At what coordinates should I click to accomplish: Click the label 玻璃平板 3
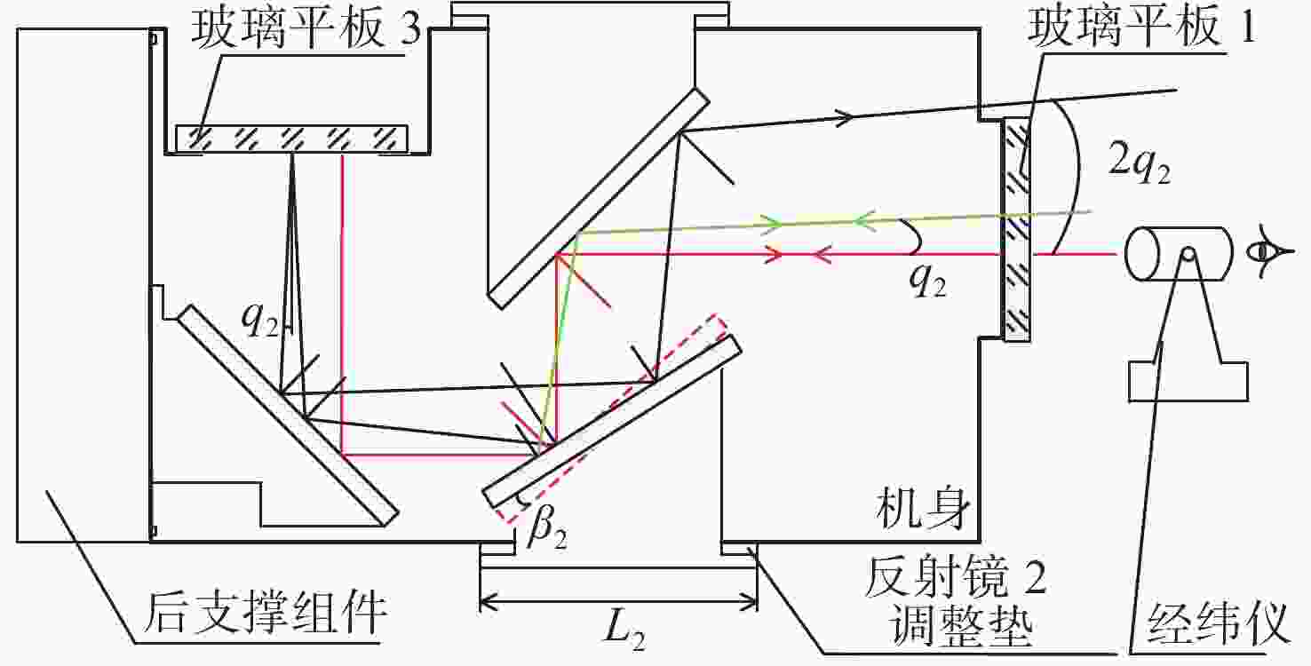tap(306, 28)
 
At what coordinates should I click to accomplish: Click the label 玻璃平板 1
tap(1141, 27)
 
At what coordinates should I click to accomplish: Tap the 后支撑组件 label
tap(265, 613)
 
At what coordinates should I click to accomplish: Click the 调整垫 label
tap(960, 625)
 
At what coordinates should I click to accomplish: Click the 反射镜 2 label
tap(955, 576)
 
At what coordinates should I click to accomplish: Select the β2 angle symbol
tap(546, 529)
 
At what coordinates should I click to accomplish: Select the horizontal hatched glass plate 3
tap(291, 139)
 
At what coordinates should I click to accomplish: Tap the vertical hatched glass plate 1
tap(1018, 230)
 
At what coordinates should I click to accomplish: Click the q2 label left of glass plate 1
tap(927, 282)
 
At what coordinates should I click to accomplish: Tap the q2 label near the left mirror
tap(260, 321)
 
